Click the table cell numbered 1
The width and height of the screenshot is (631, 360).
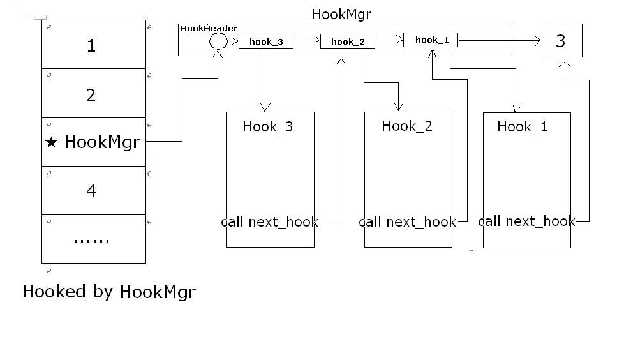click(x=91, y=45)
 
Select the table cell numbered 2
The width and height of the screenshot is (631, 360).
click(x=91, y=95)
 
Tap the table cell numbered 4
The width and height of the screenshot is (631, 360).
click(x=91, y=190)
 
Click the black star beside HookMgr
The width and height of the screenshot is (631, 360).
click(x=52, y=142)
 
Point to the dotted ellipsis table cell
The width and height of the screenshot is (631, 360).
click(x=91, y=239)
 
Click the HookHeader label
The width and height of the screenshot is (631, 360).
click(x=209, y=29)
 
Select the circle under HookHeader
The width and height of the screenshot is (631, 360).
click(x=218, y=41)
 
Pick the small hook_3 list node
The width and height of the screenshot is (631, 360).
click(x=265, y=42)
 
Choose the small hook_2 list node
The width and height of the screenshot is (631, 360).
click(x=347, y=42)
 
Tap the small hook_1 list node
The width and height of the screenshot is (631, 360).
click(x=431, y=40)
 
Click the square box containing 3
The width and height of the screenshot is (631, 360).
click(x=561, y=41)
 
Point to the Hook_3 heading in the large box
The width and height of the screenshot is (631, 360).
click(x=267, y=126)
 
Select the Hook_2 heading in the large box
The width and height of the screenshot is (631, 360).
click(x=406, y=126)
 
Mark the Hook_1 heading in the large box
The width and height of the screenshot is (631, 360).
click(x=522, y=126)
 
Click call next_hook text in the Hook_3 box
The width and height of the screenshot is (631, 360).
click(x=269, y=222)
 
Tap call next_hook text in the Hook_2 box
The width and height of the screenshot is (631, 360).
click(x=407, y=222)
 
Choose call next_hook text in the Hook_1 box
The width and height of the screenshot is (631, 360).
click(x=526, y=221)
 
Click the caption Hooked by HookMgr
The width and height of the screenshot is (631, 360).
click(x=108, y=292)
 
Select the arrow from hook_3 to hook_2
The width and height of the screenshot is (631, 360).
click(x=306, y=41)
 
